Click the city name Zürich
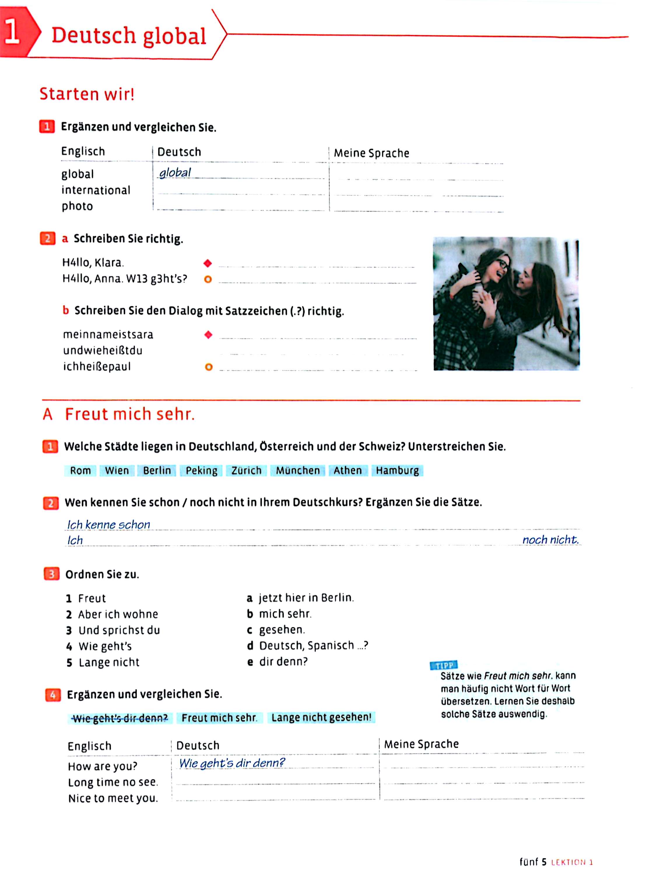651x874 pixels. click(246, 471)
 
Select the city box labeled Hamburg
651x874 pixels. click(397, 471)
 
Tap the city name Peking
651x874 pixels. click(201, 471)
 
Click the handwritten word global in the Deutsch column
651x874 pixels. click(175, 172)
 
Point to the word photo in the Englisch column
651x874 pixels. click(77, 206)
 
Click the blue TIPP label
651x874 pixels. click(444, 665)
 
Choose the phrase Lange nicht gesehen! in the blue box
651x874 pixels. click(321, 717)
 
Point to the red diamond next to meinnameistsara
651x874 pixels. click(208, 335)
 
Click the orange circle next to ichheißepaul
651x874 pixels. click(209, 367)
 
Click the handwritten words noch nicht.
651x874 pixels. click(550, 540)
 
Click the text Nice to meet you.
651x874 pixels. click(113, 799)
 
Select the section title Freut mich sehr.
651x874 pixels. click(130, 414)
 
